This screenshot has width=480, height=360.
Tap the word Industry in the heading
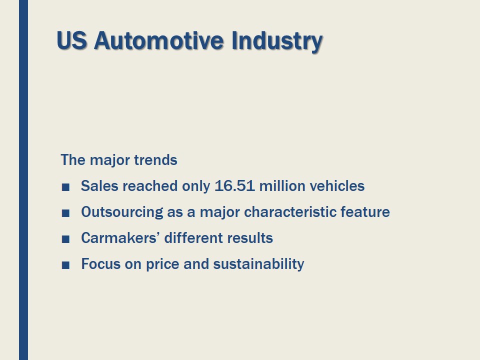pyautogui.click(x=276, y=40)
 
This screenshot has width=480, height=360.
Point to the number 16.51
pyautogui.click(x=234, y=186)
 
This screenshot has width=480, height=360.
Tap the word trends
pyautogui.click(x=155, y=160)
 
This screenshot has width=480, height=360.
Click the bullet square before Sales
pyautogui.click(x=65, y=187)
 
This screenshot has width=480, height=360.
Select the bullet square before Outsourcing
pyautogui.click(x=65, y=213)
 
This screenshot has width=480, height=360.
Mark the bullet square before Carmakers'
pyautogui.click(x=65, y=239)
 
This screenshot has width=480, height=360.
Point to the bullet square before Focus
pyautogui.click(x=65, y=265)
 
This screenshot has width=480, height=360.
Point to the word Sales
pyautogui.click(x=99, y=186)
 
